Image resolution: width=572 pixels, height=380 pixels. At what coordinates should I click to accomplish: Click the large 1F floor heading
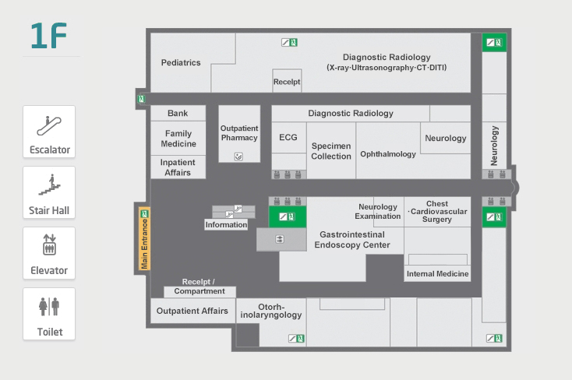tap(48, 37)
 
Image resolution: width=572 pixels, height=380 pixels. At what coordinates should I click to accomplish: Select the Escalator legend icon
tap(49, 125)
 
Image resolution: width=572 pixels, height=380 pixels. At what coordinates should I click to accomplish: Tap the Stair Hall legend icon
tap(49, 185)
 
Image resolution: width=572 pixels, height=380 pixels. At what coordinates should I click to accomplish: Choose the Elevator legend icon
tap(49, 246)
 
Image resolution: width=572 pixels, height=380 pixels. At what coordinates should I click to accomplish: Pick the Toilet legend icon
tap(49, 307)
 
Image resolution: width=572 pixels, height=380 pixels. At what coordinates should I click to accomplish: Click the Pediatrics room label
tap(181, 63)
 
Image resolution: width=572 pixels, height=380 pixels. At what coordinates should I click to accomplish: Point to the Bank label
tap(178, 114)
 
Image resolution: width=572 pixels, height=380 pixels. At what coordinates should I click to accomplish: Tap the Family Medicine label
tap(178, 139)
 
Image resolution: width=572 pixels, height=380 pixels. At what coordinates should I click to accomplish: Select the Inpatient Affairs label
tap(178, 167)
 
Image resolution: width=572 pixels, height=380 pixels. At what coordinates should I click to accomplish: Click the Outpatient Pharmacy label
tap(239, 132)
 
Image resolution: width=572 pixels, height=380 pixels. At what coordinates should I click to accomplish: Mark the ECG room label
tap(288, 138)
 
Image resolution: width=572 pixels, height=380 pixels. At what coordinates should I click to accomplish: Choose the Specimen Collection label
tap(331, 151)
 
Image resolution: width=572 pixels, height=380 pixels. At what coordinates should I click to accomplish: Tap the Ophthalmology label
tap(388, 154)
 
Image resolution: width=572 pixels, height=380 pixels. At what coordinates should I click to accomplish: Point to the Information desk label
tap(226, 225)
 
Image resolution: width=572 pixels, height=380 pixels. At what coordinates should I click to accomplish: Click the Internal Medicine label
tap(438, 273)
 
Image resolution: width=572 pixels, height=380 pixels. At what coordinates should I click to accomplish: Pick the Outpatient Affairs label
tap(192, 311)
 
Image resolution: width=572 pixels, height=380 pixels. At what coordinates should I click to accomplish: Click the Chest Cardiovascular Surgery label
tap(437, 212)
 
